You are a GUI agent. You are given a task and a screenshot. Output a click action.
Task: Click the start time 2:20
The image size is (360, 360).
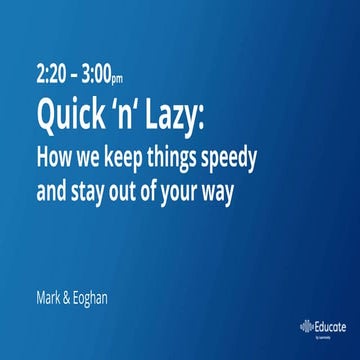click(51, 75)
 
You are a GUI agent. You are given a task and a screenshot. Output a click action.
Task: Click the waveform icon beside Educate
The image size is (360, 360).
click(306, 326)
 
